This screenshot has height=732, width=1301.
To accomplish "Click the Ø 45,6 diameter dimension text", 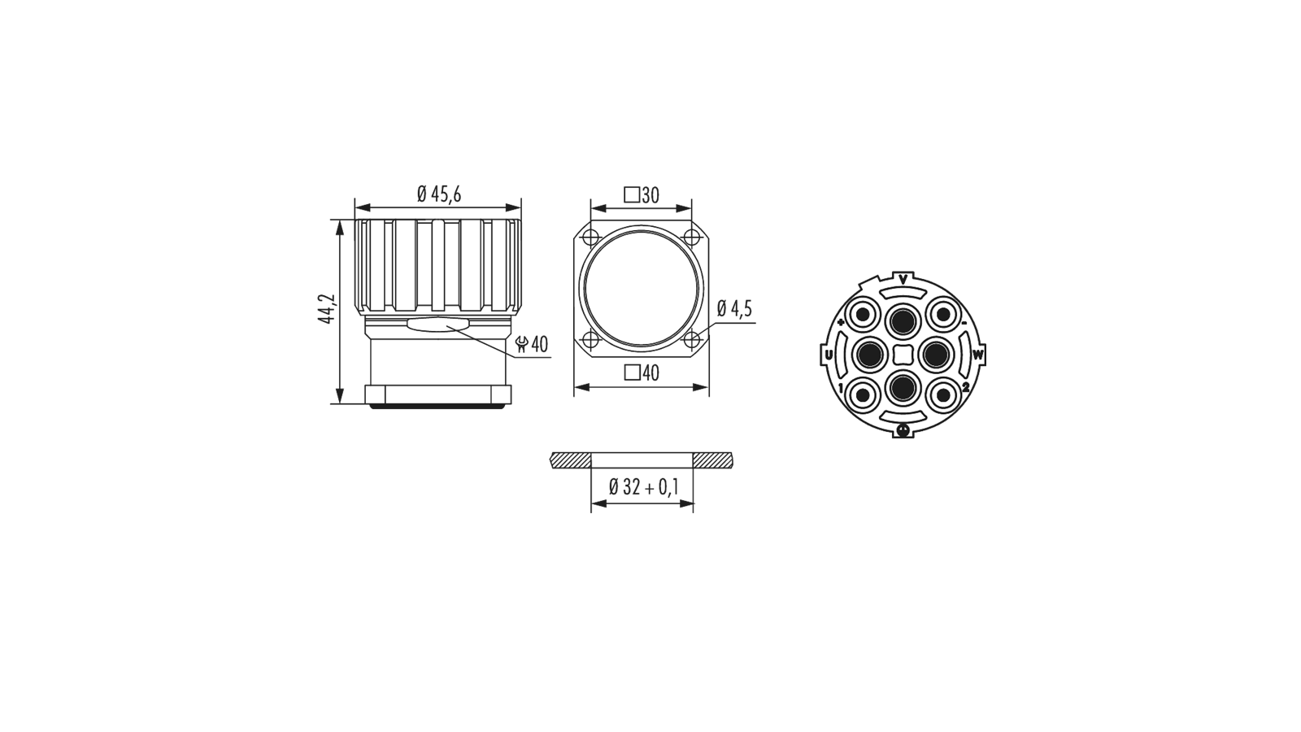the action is point(439,194).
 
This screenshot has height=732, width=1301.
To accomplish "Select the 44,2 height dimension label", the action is point(329,308).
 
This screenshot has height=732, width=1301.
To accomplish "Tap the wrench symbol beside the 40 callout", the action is point(522,345).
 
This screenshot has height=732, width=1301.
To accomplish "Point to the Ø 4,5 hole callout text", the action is point(735,308).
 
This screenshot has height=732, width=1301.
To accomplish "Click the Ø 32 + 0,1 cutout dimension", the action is point(643,487).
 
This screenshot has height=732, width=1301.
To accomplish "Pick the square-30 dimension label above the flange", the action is point(642,195).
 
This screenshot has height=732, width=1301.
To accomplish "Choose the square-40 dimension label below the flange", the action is point(642,373).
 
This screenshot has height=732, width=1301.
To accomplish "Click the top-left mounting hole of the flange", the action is point(590,237).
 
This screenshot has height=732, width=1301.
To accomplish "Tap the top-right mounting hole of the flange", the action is point(691,237).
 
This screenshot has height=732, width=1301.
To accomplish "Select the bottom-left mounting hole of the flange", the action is point(590,338).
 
